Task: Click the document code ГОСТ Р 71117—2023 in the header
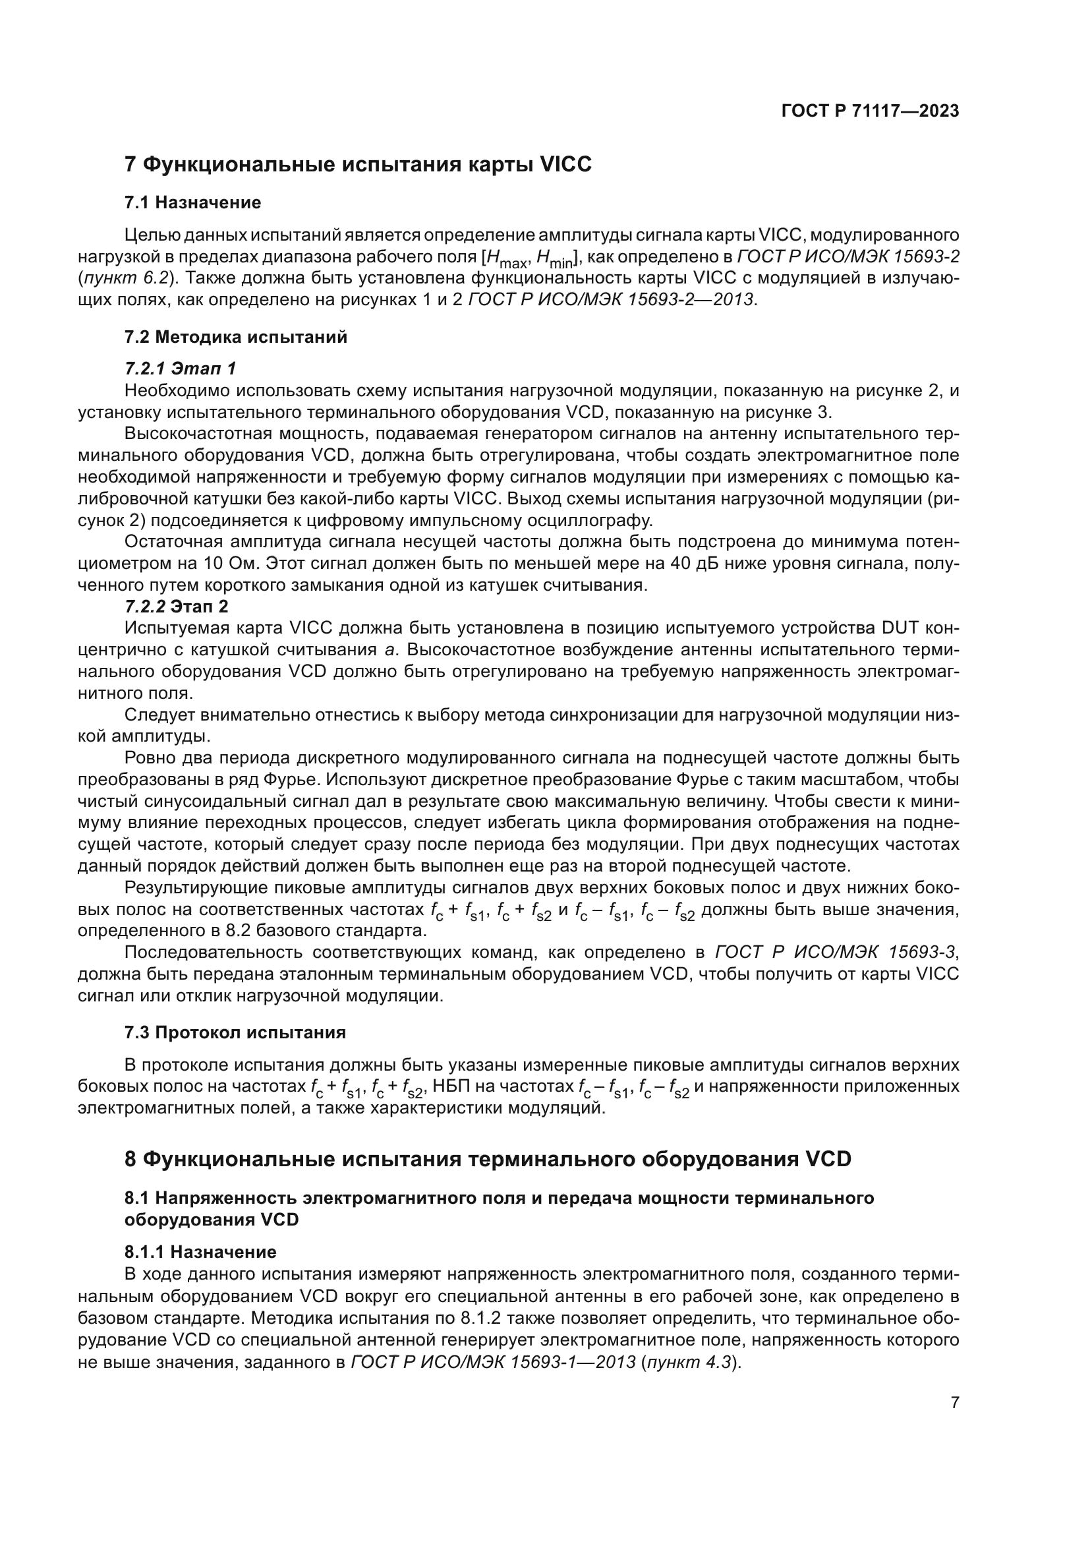870,111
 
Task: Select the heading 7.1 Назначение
192,202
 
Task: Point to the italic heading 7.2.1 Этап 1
180,368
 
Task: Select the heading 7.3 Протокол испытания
235,1032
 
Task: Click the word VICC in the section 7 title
566,165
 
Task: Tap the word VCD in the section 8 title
828,1159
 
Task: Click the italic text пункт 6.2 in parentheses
125,278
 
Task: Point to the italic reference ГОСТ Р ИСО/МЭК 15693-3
838,953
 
